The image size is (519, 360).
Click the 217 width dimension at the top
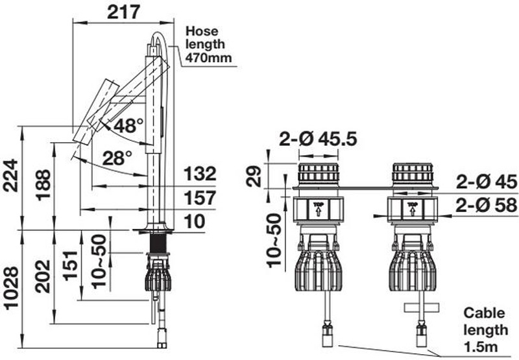tap(123, 12)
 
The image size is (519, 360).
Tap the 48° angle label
tap(128, 125)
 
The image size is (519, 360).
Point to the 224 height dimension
tap(10, 175)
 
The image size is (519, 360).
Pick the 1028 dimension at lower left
tap(11, 288)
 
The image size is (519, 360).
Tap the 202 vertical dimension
tap(43, 276)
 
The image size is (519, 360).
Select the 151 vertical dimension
tap(70, 266)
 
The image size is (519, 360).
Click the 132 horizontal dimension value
tap(200, 174)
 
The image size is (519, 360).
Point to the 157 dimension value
tap(200, 198)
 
